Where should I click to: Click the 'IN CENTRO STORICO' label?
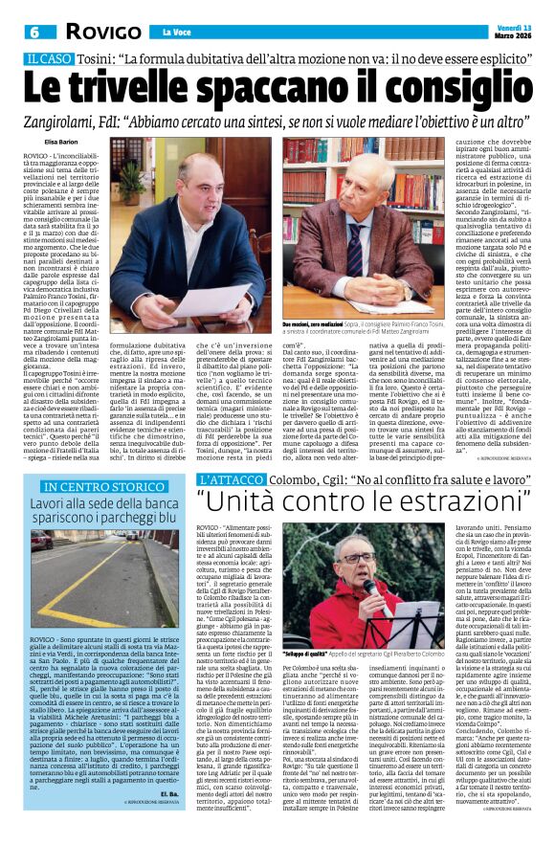click(87, 487)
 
